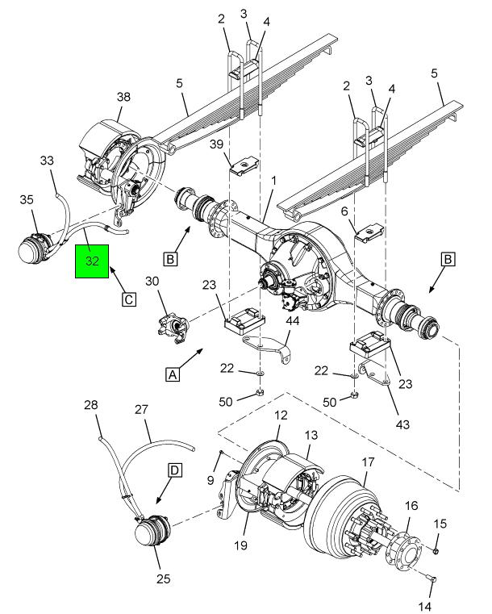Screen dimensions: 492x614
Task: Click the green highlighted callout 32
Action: (x=92, y=261)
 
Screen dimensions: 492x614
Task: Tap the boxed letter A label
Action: (x=173, y=374)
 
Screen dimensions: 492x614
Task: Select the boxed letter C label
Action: (x=129, y=299)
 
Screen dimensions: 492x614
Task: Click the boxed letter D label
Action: (x=175, y=470)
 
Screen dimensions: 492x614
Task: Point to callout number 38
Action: (x=123, y=97)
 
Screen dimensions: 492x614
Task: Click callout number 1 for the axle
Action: (x=274, y=181)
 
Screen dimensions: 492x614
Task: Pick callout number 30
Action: (x=152, y=281)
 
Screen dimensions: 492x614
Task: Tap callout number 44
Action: (x=293, y=320)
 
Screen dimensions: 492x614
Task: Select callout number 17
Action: (x=368, y=462)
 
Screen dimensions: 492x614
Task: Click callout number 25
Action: (x=163, y=578)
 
